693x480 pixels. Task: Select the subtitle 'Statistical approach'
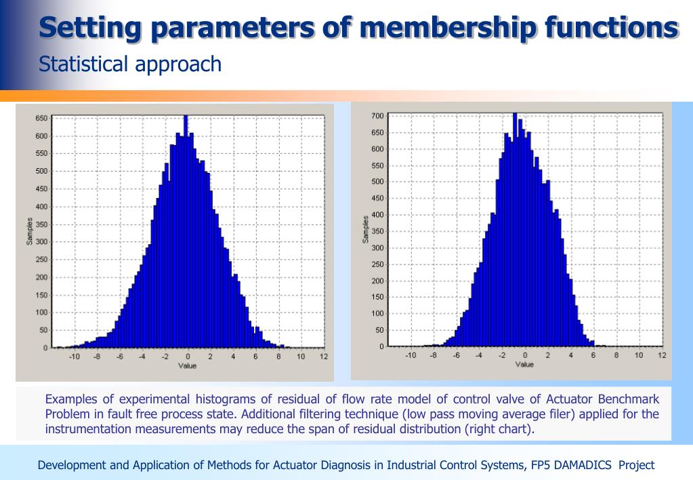pyautogui.click(x=130, y=64)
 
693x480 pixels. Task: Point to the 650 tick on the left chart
pyautogui.click(x=41, y=118)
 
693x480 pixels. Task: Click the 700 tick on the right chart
pyautogui.click(x=377, y=116)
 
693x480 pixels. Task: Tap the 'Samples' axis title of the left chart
pyautogui.click(x=30, y=231)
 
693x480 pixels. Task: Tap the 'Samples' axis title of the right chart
pyautogui.click(x=366, y=229)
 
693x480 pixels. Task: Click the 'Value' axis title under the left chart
pyautogui.click(x=188, y=366)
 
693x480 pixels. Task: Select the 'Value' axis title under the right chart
pyautogui.click(x=524, y=365)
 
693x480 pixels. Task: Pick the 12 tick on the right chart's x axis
pyautogui.click(x=662, y=355)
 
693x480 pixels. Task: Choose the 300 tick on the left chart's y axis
pyautogui.click(x=41, y=242)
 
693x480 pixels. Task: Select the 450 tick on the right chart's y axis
pyautogui.click(x=377, y=199)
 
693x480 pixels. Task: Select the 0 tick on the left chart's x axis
pyautogui.click(x=188, y=357)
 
